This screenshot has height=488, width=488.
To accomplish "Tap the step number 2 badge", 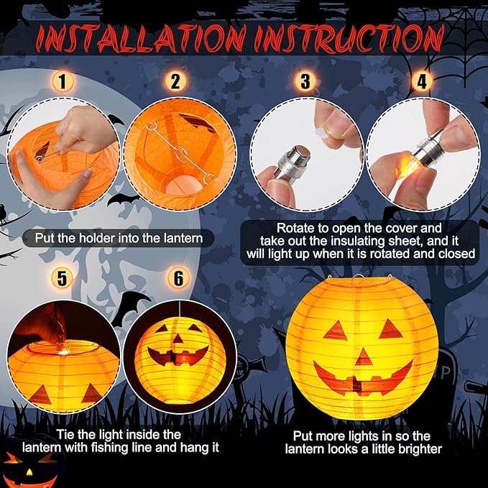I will click(x=175, y=81).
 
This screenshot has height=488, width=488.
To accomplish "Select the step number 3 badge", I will click(x=305, y=81).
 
